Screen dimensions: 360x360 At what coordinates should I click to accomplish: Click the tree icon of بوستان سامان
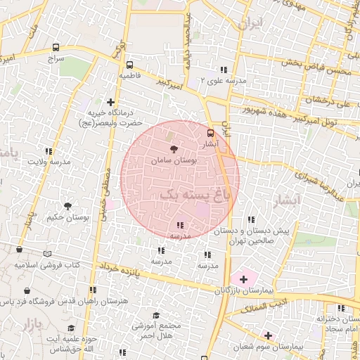173,148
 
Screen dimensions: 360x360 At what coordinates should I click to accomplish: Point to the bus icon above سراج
56,48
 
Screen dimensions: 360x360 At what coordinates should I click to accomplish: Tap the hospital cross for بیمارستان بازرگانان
243,279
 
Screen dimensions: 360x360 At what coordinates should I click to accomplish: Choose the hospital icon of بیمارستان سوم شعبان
267,335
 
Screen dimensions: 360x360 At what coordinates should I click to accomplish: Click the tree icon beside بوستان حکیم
67,206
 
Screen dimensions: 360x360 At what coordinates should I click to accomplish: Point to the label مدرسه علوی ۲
223,82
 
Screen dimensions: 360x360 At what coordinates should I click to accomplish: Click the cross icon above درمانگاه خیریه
110,102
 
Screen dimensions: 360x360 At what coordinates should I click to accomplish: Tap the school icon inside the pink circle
181,225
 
